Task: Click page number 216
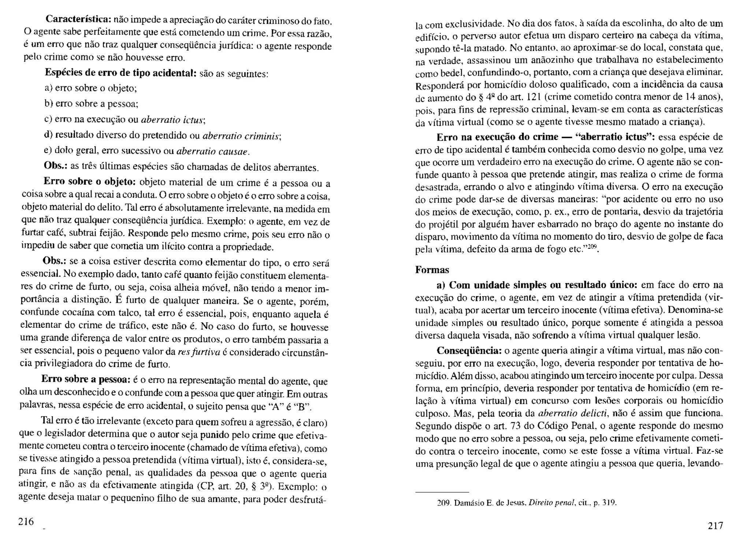[26, 521]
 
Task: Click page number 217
[715, 526]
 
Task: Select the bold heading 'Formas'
[432, 270]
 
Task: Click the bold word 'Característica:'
[78, 19]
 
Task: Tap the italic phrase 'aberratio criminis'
[241, 136]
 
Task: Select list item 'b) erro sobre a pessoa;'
[91, 104]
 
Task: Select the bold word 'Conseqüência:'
[469, 351]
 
